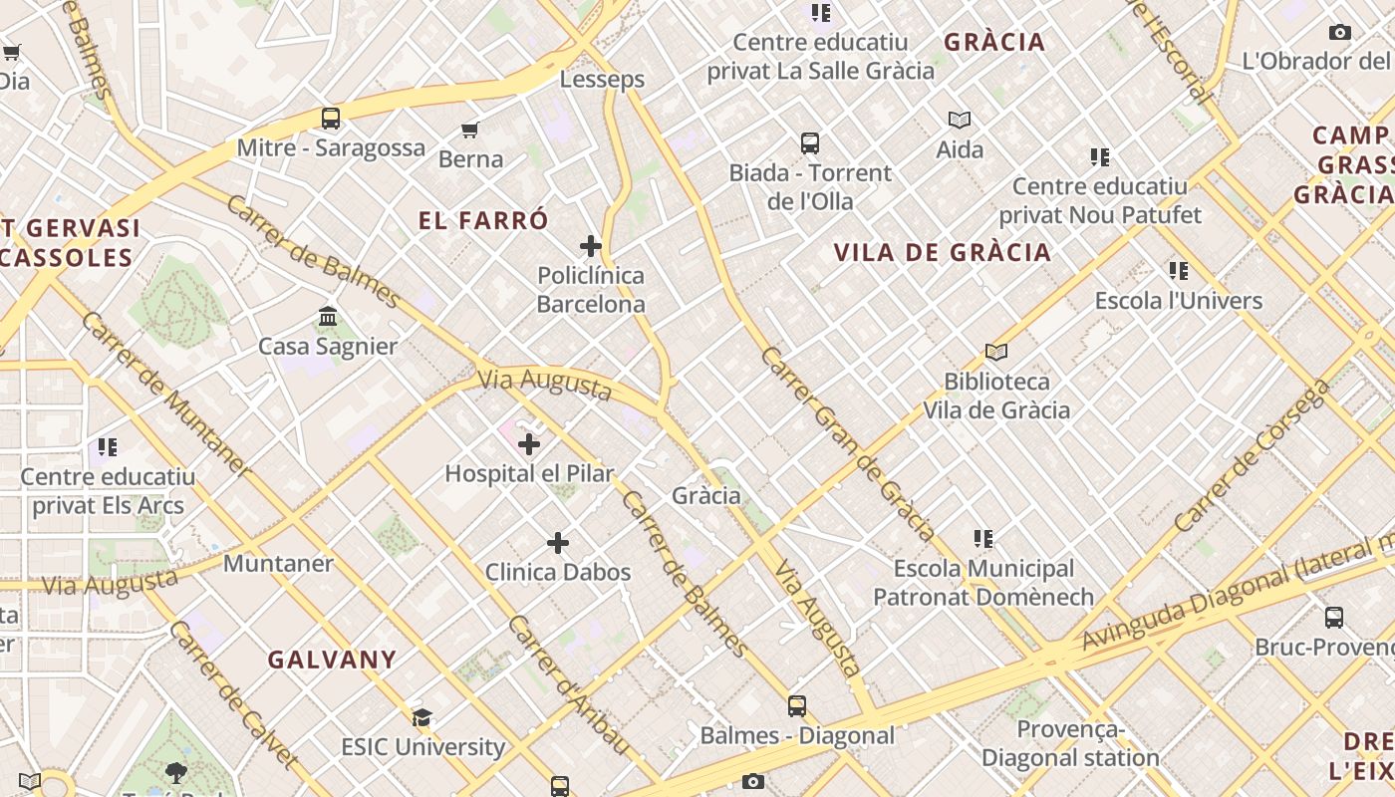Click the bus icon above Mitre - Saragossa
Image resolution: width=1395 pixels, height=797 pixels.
click(331, 119)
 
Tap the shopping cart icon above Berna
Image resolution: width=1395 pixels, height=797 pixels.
click(470, 130)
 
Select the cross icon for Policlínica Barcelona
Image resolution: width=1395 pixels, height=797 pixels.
click(591, 245)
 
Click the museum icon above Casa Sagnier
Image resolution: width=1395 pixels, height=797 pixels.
click(328, 317)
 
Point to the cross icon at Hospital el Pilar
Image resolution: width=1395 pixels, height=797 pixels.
click(529, 444)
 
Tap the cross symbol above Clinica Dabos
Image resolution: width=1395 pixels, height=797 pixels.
click(558, 543)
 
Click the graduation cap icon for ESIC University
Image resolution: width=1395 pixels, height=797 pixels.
click(422, 717)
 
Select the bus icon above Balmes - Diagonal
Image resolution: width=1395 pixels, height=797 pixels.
click(797, 706)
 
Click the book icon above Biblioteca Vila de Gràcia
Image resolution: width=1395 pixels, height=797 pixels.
click(995, 352)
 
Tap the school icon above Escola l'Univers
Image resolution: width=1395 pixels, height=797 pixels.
click(1179, 271)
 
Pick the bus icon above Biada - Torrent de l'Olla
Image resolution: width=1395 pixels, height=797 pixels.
click(810, 143)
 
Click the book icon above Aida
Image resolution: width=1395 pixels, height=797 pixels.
click(960, 121)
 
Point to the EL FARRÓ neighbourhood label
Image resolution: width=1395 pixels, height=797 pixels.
click(483, 220)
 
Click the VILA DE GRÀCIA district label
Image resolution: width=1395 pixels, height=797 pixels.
click(943, 252)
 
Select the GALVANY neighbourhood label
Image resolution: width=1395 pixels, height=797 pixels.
click(333, 660)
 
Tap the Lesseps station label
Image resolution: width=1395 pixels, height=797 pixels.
click(602, 80)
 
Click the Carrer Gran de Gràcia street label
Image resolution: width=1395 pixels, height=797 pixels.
click(847, 443)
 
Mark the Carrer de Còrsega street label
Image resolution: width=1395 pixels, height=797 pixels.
click(1251, 456)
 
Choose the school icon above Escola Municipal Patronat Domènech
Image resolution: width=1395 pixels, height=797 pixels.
click(983, 539)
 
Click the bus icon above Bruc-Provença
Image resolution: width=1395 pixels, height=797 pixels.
click(1334, 618)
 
